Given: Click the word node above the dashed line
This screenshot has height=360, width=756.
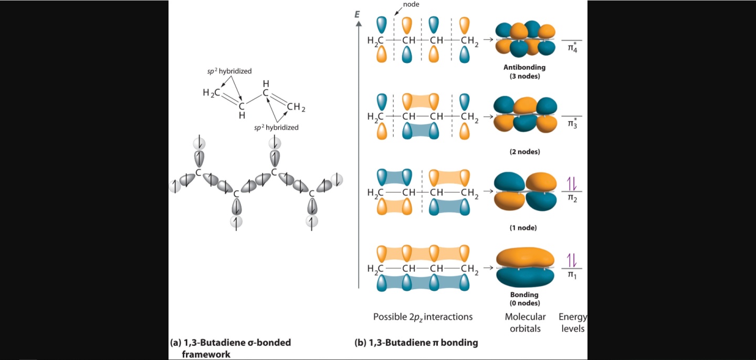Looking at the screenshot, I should click(x=411, y=4).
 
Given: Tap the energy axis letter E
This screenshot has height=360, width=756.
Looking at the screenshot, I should click(x=357, y=15).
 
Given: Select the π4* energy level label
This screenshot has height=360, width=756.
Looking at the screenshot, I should click(x=572, y=49).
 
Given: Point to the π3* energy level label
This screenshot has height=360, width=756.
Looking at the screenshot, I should click(x=572, y=125).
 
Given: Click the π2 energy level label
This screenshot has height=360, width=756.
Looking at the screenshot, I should click(x=572, y=199).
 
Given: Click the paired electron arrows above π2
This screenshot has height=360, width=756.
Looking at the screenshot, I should click(x=572, y=183).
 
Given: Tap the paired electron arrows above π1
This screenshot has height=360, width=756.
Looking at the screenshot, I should click(x=572, y=260).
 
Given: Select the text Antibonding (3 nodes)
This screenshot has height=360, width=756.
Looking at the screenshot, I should click(x=524, y=71).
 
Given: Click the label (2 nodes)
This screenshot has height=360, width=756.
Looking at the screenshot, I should click(x=524, y=152).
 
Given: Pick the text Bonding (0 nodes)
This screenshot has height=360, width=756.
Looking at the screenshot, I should click(x=524, y=299).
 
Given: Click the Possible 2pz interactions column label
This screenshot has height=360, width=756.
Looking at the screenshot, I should click(x=423, y=317).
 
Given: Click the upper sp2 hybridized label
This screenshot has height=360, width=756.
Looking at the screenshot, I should click(x=229, y=70).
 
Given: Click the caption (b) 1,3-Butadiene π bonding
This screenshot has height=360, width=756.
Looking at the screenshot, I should click(x=416, y=343).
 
